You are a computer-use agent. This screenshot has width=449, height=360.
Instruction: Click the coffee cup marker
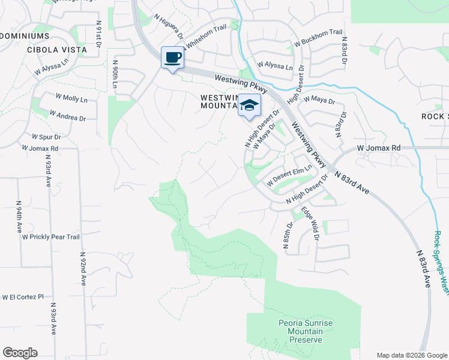point(173,58)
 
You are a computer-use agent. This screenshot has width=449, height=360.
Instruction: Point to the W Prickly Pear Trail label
point(51,237)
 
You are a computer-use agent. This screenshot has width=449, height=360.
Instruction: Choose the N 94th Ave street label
point(19,217)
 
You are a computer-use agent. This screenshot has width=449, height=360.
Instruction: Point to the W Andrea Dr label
point(67,115)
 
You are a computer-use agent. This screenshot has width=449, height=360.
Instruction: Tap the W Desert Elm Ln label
point(291,175)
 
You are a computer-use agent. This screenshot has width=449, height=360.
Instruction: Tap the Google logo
point(20,353)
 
